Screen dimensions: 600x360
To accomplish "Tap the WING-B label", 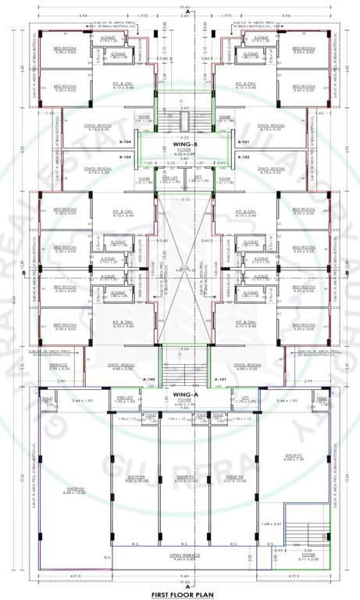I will pyautogui.click(x=181, y=144).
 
